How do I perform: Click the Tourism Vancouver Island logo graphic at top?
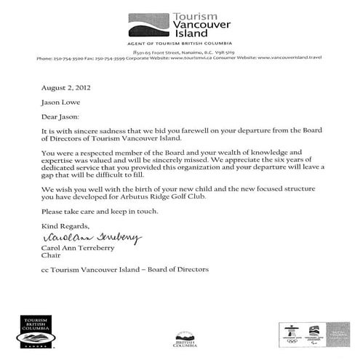tap(148, 25)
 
